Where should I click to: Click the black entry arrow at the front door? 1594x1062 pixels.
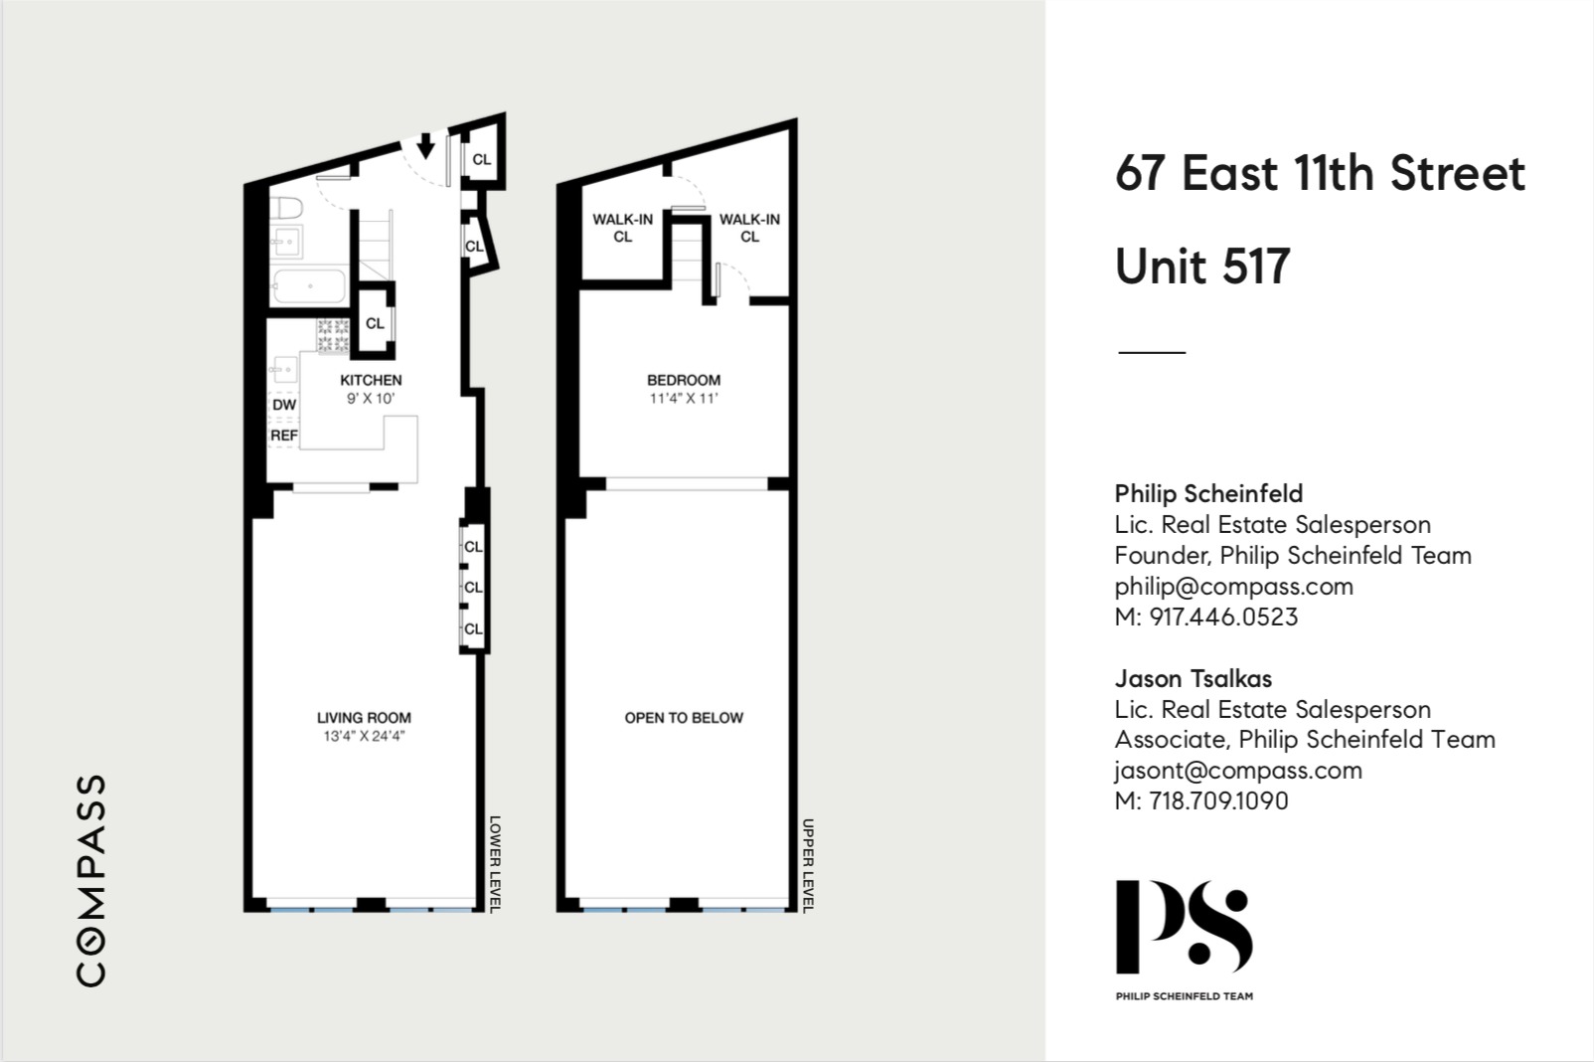click(425, 146)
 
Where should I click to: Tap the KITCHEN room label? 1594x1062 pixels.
click(371, 380)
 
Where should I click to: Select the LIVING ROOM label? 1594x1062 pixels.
click(364, 717)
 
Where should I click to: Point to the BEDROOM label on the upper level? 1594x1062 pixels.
click(684, 380)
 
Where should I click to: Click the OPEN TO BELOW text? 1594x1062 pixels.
click(684, 717)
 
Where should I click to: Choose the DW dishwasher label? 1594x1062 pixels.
click(284, 405)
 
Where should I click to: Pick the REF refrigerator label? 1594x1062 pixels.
click(284, 436)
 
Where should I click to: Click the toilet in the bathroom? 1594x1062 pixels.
click(287, 210)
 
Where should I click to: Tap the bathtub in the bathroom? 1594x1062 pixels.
click(308, 286)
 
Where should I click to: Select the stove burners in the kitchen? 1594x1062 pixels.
click(333, 336)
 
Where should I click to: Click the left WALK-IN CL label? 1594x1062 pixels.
click(623, 228)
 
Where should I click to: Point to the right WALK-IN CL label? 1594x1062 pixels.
click(749, 228)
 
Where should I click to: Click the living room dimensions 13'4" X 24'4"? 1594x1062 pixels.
click(364, 737)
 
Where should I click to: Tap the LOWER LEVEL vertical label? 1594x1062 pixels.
click(495, 863)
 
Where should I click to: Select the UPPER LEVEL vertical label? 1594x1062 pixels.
click(808, 865)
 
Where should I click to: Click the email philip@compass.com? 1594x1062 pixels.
click(1233, 586)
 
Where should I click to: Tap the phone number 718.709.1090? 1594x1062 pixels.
click(1218, 800)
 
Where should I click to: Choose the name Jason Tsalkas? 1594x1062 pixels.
click(1193, 678)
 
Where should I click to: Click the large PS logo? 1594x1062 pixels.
click(1183, 926)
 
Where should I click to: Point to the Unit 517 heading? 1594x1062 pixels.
click(1202, 265)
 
